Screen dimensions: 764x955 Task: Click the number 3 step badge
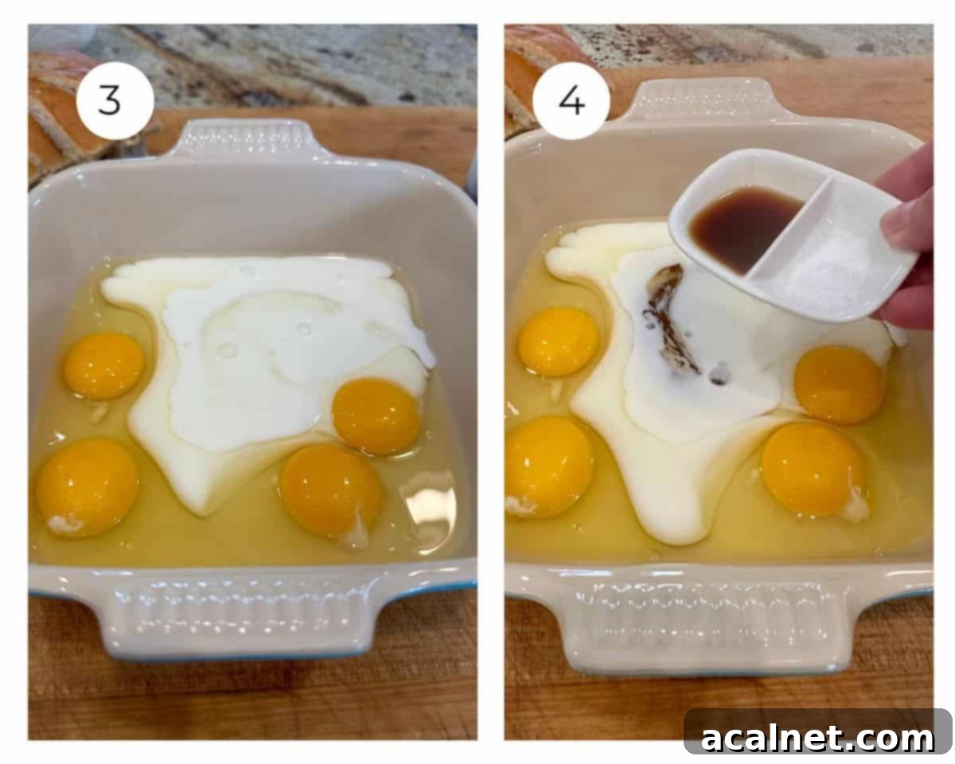pyautogui.click(x=115, y=101)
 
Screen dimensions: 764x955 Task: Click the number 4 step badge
pyautogui.click(x=571, y=101)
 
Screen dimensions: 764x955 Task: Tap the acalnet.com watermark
pyautogui.click(x=817, y=739)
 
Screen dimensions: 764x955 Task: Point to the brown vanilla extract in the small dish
pyautogui.click(x=744, y=228)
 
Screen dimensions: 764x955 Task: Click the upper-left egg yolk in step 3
pyautogui.click(x=103, y=365)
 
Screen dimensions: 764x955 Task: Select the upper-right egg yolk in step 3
pyautogui.click(x=376, y=416)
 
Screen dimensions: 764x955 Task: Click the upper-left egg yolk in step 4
pyautogui.click(x=558, y=342)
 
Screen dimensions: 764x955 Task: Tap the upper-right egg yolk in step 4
pyautogui.click(x=840, y=384)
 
